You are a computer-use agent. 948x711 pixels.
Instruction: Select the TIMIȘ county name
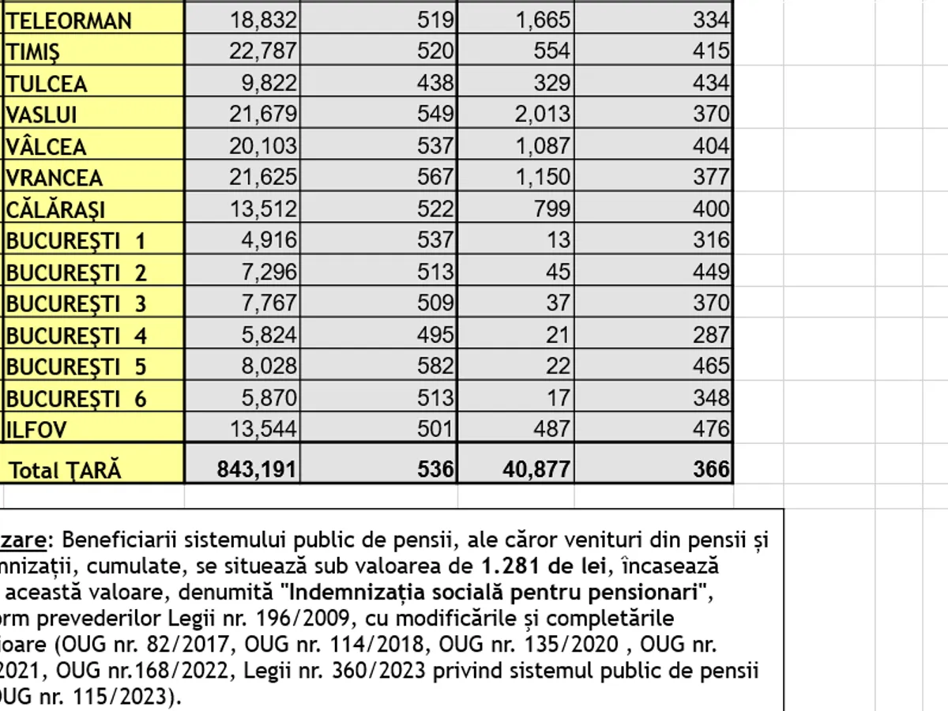(x=33, y=52)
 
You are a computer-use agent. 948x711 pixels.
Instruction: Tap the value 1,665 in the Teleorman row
(x=543, y=21)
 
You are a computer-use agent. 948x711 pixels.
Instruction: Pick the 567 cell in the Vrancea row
(x=437, y=177)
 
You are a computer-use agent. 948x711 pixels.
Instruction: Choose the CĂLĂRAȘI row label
(x=56, y=209)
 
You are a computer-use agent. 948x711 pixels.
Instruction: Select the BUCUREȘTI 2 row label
(x=77, y=273)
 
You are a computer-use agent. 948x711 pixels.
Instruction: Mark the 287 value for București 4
(x=711, y=335)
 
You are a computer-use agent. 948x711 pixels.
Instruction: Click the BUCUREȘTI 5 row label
(x=77, y=367)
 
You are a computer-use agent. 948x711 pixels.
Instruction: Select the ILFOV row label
(x=36, y=430)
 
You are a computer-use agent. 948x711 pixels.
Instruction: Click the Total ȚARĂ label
(x=66, y=471)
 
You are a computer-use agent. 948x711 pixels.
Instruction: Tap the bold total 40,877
(x=536, y=470)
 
